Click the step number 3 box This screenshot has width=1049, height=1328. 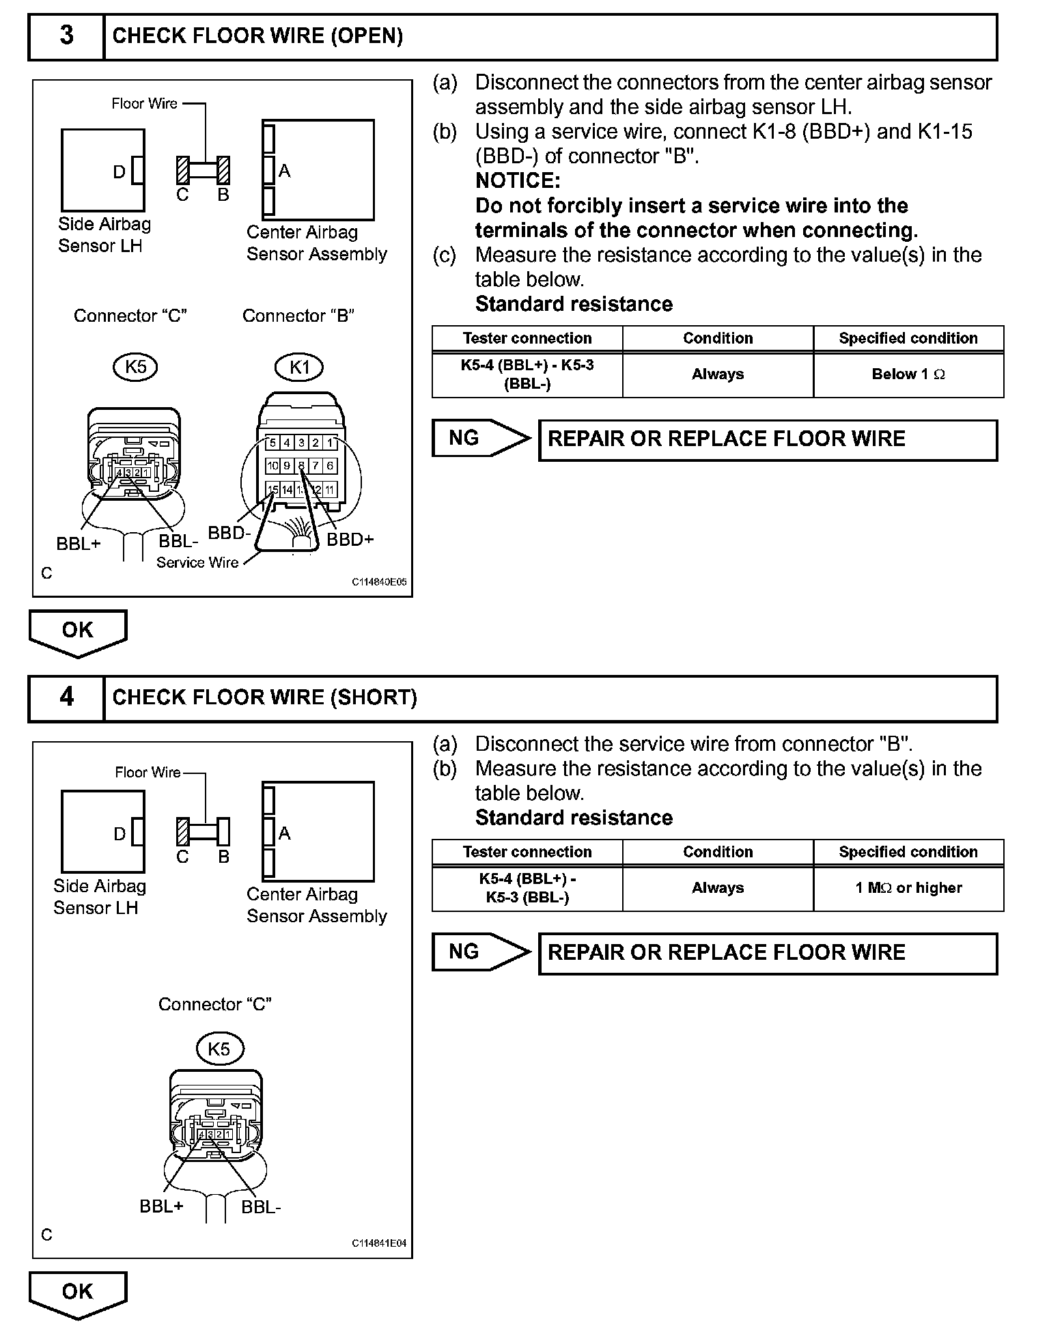pos(66,36)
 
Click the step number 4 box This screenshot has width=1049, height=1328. pos(66,697)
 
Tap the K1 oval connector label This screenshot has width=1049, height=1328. pos(299,368)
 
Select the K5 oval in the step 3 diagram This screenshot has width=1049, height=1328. pos(135,367)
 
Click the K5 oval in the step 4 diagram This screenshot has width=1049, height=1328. pos(219,1049)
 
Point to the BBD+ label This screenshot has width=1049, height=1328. pos(350,540)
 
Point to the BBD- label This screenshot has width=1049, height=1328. pos(229,533)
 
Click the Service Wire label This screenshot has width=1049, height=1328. pos(197,563)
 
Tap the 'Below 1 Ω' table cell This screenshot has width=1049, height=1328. pos(908,374)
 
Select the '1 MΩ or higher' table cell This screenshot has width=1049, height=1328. pos(908,888)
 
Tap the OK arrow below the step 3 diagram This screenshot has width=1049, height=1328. pos(77,631)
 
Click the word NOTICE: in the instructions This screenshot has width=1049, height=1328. pos(518,181)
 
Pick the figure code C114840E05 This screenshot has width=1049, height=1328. pos(379,583)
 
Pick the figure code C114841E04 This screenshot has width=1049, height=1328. pos(379,1244)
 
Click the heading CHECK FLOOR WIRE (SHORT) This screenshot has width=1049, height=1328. pos(264,697)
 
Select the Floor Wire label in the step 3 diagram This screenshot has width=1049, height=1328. pos(144,104)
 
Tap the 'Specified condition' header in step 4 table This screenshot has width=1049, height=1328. pos(908,852)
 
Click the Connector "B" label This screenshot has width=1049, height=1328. pos(298,316)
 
